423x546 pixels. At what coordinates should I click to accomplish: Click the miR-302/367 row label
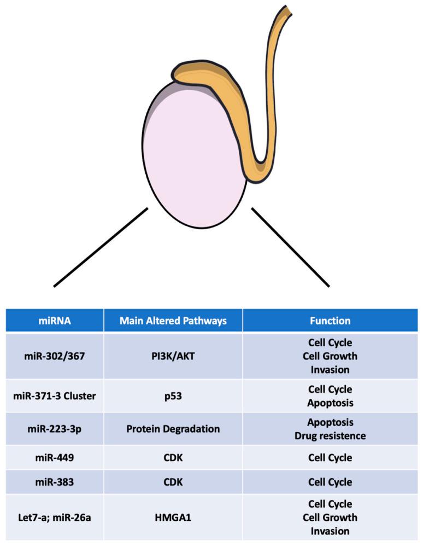click(x=54, y=356)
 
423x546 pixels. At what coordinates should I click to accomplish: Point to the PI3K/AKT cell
click(x=173, y=356)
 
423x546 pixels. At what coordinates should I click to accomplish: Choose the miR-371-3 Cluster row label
click(x=54, y=396)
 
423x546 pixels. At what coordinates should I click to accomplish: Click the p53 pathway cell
click(x=173, y=396)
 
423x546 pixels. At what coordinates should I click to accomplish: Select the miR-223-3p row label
click(x=54, y=429)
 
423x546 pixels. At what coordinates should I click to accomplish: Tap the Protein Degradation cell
click(x=173, y=429)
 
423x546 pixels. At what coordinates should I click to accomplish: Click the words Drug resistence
click(x=330, y=436)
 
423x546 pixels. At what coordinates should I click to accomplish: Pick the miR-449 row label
click(x=54, y=457)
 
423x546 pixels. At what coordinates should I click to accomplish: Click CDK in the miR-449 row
click(x=173, y=457)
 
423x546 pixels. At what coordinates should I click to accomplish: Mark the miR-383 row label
click(x=54, y=482)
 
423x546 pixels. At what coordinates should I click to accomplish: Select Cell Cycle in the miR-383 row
click(x=330, y=482)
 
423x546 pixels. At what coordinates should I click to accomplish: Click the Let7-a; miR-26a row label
click(x=54, y=518)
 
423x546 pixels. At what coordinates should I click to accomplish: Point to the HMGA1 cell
click(x=173, y=518)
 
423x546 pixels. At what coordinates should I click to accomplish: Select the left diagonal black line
click(x=101, y=247)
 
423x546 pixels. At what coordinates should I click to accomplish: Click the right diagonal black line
click(x=290, y=247)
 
